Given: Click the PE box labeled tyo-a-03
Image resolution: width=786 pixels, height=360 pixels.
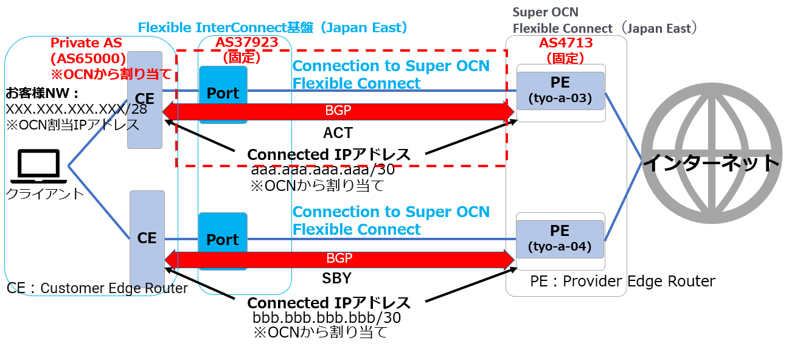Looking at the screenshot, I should pyautogui.click(x=560, y=89).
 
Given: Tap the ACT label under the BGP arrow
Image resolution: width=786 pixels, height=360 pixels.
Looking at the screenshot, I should pyautogui.click(x=338, y=133).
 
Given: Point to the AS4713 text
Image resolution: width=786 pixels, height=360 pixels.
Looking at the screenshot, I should pyautogui.click(x=565, y=43).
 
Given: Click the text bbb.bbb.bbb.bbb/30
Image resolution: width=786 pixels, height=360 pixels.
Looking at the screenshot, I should pyautogui.click(x=326, y=317).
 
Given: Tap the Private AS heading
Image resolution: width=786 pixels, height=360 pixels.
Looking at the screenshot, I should pyautogui.click(x=86, y=43).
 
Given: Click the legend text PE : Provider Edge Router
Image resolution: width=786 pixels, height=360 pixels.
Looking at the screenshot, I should pyautogui.click(x=622, y=281).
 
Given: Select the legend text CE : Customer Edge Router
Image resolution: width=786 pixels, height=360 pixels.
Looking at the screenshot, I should pyautogui.click(x=97, y=288).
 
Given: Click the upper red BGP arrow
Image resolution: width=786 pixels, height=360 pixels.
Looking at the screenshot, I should pyautogui.click(x=339, y=112).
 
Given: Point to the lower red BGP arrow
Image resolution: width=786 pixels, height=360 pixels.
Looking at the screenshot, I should pyautogui.click(x=339, y=259).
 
